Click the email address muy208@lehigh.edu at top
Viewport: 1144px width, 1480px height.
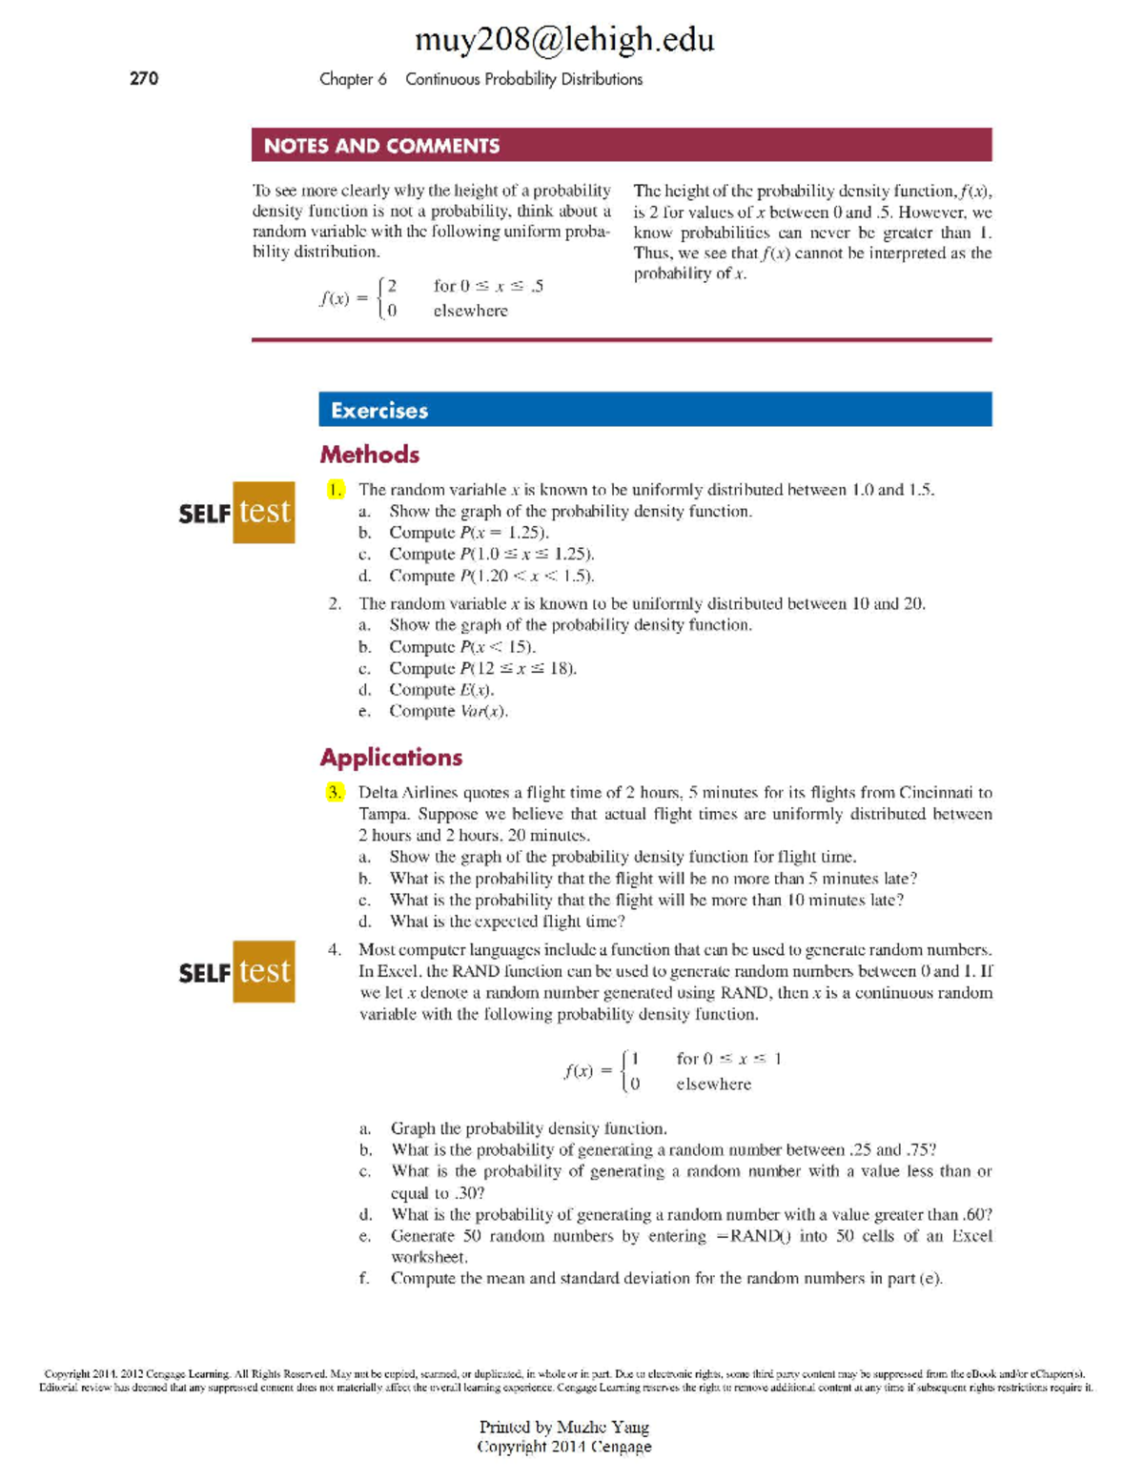(x=563, y=39)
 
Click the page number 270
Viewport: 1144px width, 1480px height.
(x=144, y=79)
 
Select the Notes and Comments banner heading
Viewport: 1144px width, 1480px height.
(x=381, y=146)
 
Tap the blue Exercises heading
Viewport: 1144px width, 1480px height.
(x=379, y=411)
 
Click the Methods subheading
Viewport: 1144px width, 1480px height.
(x=370, y=455)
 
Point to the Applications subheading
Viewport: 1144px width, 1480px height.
(x=391, y=758)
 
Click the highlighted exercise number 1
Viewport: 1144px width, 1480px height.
(x=335, y=490)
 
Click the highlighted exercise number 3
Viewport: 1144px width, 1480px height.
(x=335, y=793)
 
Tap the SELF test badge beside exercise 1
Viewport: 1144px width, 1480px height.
(x=236, y=513)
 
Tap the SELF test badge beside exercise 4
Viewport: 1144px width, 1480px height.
(x=236, y=972)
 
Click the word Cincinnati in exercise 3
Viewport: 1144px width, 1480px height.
(x=926, y=793)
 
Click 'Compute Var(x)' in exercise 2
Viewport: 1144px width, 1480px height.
(x=448, y=712)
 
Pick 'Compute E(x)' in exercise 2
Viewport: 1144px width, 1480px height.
(x=441, y=690)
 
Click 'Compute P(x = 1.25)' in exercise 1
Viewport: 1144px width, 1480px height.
(x=469, y=533)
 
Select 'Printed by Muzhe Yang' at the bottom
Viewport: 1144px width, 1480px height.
(x=563, y=1427)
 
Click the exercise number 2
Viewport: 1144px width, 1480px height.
(x=335, y=604)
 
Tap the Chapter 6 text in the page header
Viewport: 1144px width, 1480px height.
(x=353, y=79)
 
